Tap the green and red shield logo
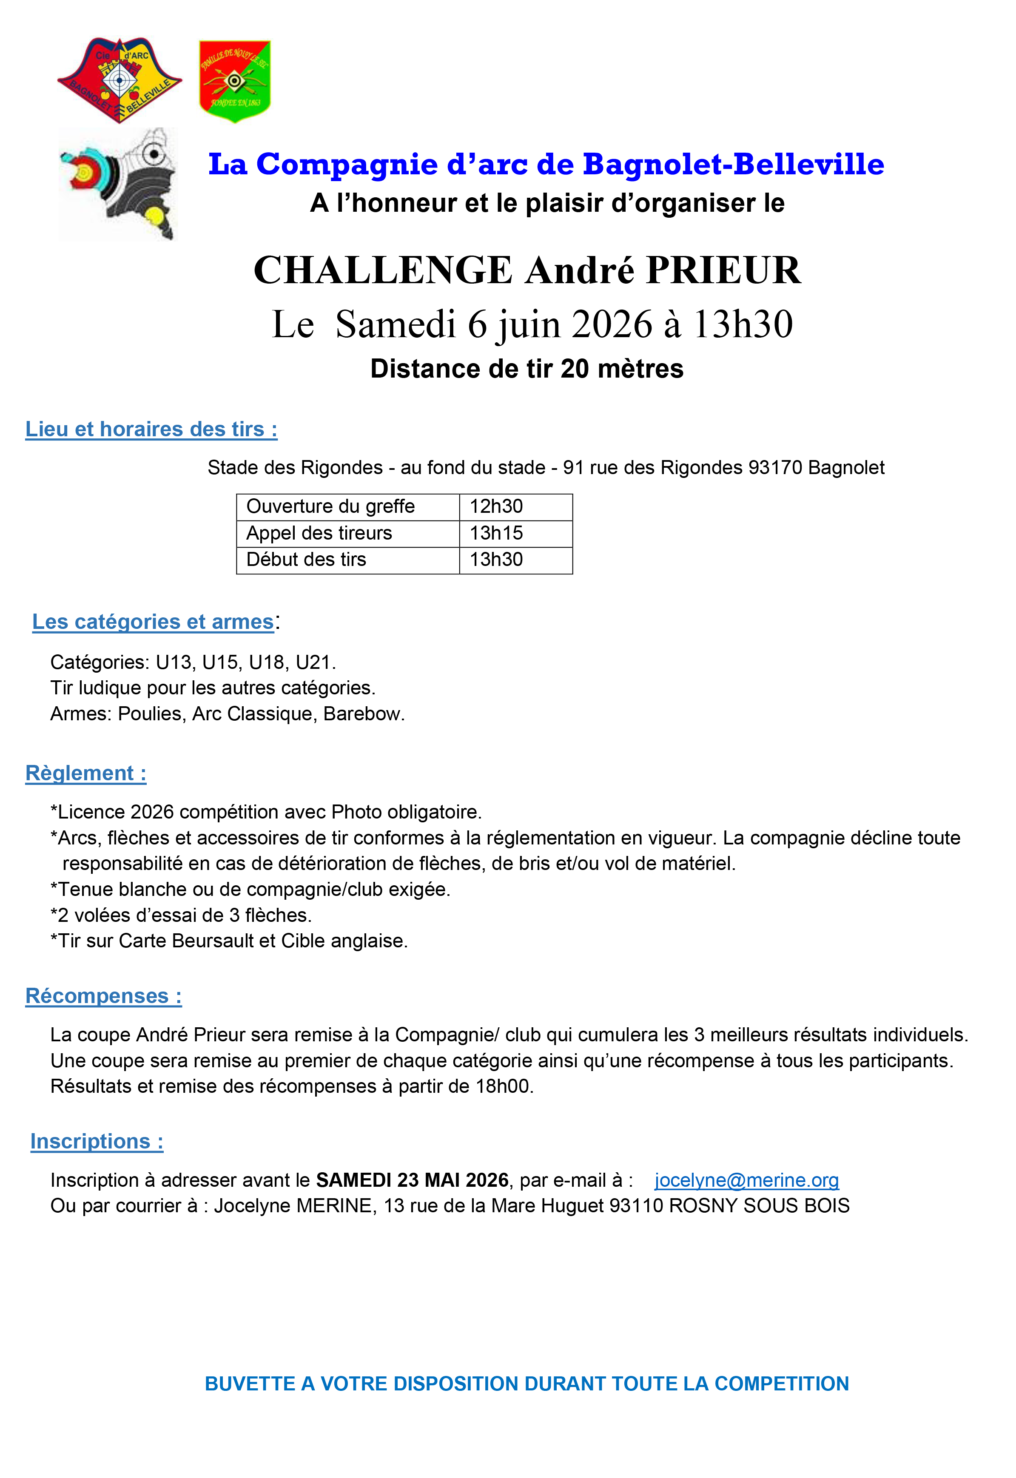(x=235, y=81)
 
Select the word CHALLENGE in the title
(x=383, y=270)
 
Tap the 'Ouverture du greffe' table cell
(x=330, y=507)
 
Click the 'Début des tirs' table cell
(x=306, y=560)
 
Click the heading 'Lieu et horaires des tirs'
(x=151, y=429)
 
